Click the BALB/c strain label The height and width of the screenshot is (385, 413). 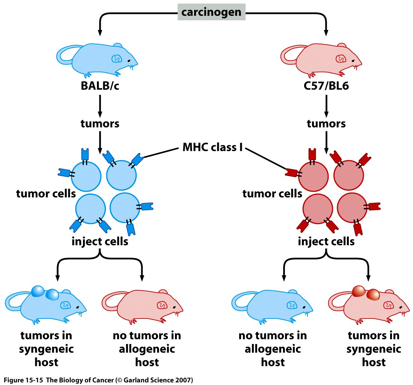point(100,86)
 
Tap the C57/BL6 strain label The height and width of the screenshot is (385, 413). point(326,86)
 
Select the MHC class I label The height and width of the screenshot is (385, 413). point(213,147)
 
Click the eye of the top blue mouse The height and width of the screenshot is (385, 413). point(129,60)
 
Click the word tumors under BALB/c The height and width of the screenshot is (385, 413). point(100,123)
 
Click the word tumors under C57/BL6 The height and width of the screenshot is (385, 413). point(326,123)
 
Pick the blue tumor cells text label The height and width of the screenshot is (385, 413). point(46,194)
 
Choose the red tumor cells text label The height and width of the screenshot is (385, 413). point(272,194)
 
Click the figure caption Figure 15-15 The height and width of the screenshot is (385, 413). point(98,380)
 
